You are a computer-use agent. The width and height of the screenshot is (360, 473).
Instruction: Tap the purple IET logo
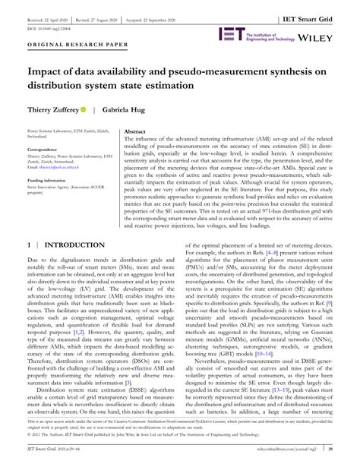point(231,35)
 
